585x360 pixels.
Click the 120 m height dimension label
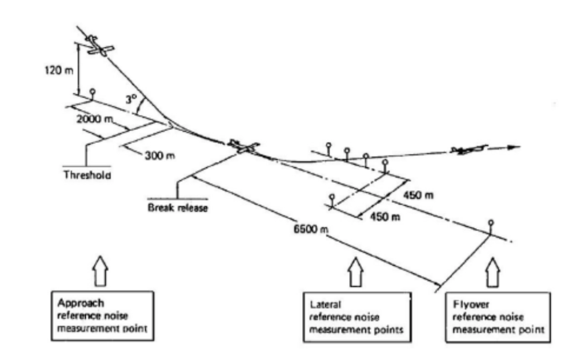[59, 70]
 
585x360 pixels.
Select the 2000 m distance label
[95, 119]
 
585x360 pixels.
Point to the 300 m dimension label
[160, 155]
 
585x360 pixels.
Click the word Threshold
[87, 175]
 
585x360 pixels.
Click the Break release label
[178, 207]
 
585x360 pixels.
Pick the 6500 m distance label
[311, 229]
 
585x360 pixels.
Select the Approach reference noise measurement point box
[102, 316]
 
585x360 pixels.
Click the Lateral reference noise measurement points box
[357, 317]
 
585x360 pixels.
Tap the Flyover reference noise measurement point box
[498, 317]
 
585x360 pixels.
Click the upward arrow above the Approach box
[101, 271]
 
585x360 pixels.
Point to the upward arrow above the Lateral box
[355, 272]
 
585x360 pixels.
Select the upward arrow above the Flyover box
[493, 272]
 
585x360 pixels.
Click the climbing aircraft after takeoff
[468, 149]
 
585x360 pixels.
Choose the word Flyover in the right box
[471, 305]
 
